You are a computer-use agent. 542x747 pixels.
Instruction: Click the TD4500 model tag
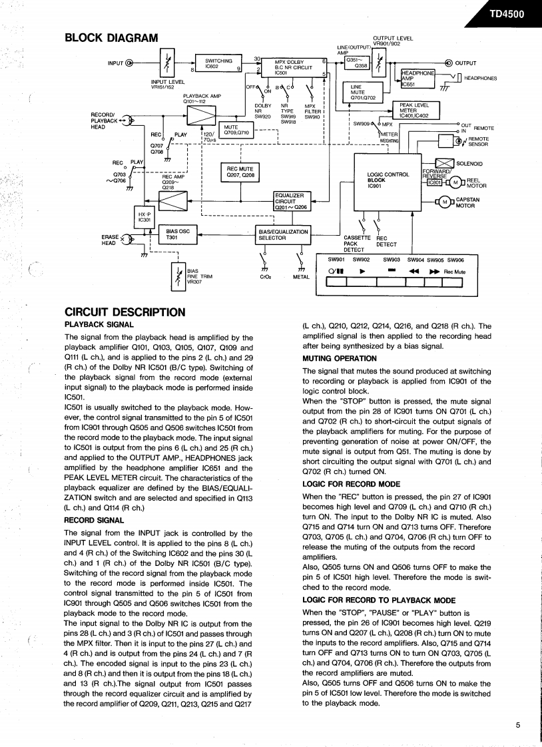pos(506,14)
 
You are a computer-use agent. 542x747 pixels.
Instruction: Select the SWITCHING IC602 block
pos(218,64)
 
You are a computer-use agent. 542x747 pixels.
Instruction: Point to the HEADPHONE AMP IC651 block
pos(417,78)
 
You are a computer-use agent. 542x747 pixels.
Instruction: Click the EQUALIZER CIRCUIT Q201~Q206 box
pos(291,202)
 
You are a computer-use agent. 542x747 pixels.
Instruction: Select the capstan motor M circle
pos(444,202)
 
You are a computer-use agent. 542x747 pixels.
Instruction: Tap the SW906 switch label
pos(455,260)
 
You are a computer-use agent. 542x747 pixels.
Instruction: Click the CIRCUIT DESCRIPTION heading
pos(125,312)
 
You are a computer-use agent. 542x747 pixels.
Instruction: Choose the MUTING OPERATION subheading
pos(339,358)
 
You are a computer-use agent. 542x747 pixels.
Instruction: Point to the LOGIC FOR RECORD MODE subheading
pos(351,484)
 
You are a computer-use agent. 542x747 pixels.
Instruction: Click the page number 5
pos(517,725)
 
